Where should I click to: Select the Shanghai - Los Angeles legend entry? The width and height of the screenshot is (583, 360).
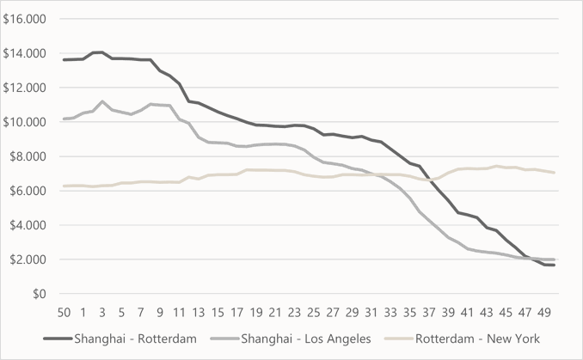(306, 339)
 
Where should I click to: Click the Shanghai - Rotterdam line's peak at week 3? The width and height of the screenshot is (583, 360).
(101, 52)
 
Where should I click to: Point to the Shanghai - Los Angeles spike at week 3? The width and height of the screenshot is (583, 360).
(102, 101)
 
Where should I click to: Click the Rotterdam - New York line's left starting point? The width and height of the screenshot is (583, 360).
(64, 186)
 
